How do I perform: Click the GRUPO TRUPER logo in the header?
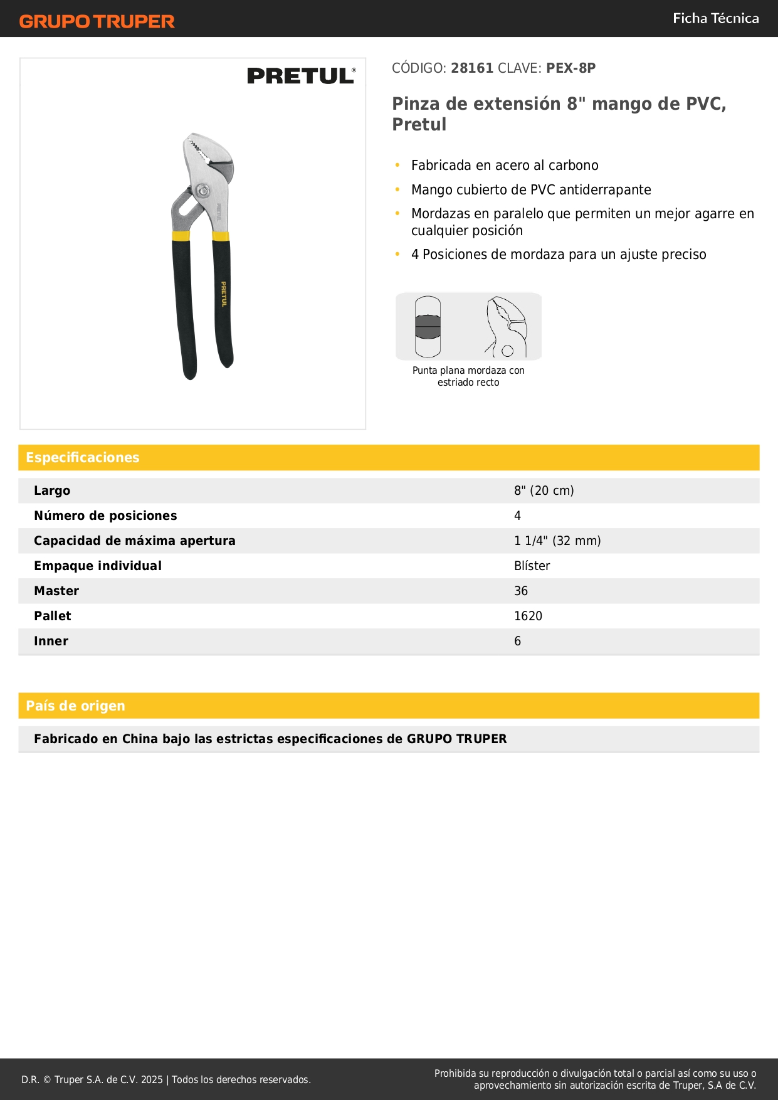pos(97,21)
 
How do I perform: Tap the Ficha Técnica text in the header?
pos(715,19)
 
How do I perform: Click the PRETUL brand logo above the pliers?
pos(300,76)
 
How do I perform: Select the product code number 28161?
pos(472,68)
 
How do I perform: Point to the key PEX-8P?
pos(570,68)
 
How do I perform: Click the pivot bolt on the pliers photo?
pos(202,191)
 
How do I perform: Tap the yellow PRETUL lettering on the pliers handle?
pos(223,294)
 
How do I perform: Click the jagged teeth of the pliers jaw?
pos(199,151)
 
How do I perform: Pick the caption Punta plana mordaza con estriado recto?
pos(468,376)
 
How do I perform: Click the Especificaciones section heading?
pos(83,458)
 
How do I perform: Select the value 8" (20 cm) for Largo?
pos(544,490)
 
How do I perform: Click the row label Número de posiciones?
pos(105,516)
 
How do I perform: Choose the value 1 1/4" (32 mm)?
pos(557,541)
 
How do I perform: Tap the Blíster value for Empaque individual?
pos(532,566)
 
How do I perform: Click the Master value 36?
pos(520,591)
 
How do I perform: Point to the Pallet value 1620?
pos(528,616)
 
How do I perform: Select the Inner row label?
pos(51,641)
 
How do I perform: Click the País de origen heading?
pos(75,706)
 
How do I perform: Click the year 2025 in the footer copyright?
pos(152,1079)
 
